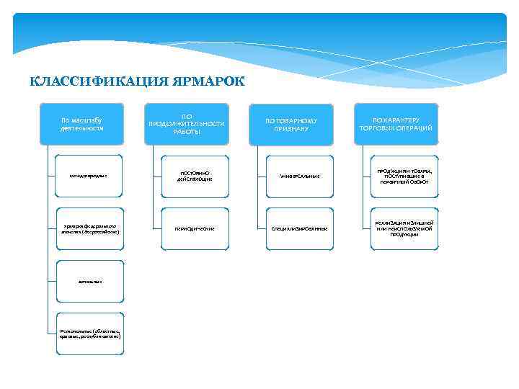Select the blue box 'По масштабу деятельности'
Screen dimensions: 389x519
click(82, 124)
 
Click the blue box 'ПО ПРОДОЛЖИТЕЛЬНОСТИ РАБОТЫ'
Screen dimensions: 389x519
click(187, 124)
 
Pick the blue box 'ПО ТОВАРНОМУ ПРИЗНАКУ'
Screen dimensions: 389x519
click(291, 124)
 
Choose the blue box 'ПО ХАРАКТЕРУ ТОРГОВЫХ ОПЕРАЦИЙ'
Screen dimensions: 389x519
click(396, 124)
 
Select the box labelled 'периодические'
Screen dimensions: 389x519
click(195, 228)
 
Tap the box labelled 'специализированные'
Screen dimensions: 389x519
click(300, 228)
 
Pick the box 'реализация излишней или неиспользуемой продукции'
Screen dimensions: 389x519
click(404, 228)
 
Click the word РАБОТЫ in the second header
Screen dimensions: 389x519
click(187, 132)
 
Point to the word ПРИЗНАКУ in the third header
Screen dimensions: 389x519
click(291, 128)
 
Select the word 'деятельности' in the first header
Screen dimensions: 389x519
click(82, 128)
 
